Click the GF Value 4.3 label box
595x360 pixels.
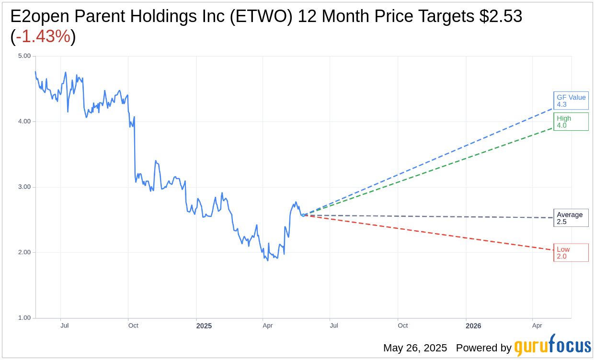pos(571,101)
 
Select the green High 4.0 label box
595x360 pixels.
pos(571,122)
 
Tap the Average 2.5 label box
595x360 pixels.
pos(571,218)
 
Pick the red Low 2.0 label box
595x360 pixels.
pos(571,252)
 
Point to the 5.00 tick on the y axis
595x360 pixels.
pos(24,56)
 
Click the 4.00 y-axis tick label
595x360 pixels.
pos(24,122)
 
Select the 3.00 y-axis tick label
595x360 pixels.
pos(24,187)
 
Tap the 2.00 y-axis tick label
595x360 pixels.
pos(24,252)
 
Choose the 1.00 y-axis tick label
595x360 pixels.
pos(24,318)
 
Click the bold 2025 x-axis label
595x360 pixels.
pos(204,326)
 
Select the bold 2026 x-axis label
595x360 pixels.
pos(473,326)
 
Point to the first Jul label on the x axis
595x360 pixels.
pos(64,326)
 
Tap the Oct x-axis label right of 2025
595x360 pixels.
pos(402,326)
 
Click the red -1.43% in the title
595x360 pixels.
pos(43,36)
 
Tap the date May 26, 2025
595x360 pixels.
pos(415,348)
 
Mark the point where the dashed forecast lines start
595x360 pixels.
pos(303,215)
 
